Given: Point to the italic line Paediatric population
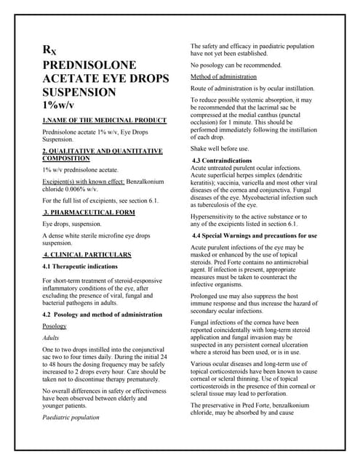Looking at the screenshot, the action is coord(71,418).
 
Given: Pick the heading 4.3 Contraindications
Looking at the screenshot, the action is coord(226,159).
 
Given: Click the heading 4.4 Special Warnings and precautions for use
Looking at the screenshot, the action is coord(255,236).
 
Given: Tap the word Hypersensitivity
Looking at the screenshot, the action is coord(217,217).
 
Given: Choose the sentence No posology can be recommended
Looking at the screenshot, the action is coord(236,65).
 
